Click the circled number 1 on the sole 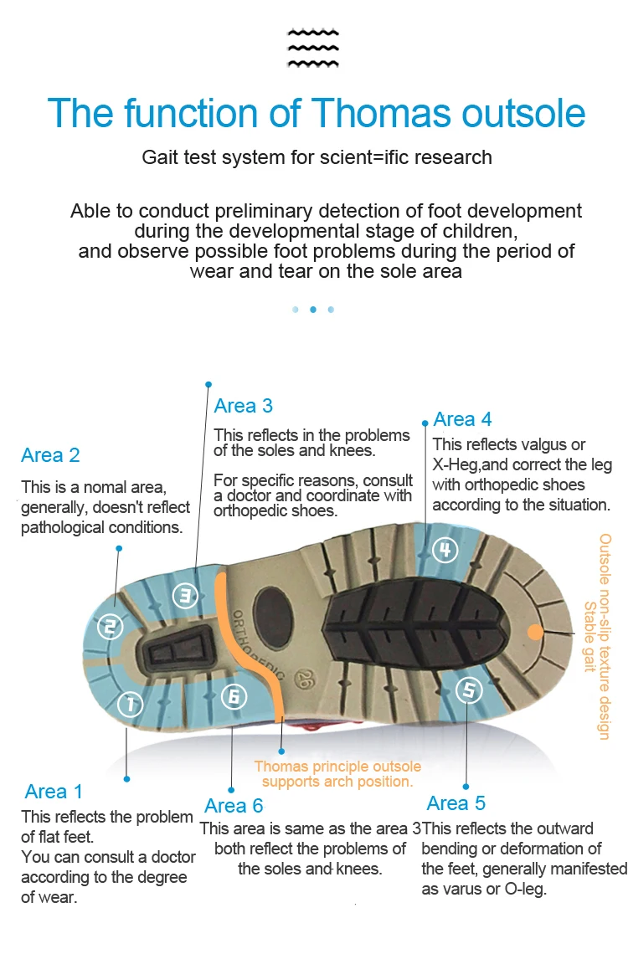(x=130, y=704)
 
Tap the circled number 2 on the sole (x=110, y=626)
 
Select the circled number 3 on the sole (x=185, y=596)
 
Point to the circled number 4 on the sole (x=445, y=550)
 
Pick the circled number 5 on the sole (x=469, y=690)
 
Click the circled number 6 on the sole (x=234, y=696)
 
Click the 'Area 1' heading (x=54, y=792)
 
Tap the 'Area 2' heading (x=50, y=455)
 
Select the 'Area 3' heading (x=243, y=406)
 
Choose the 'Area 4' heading (x=462, y=419)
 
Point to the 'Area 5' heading (x=456, y=803)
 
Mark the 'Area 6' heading (x=234, y=806)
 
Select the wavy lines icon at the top (x=313, y=47)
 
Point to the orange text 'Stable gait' (x=589, y=636)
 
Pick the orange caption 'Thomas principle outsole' (x=337, y=767)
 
